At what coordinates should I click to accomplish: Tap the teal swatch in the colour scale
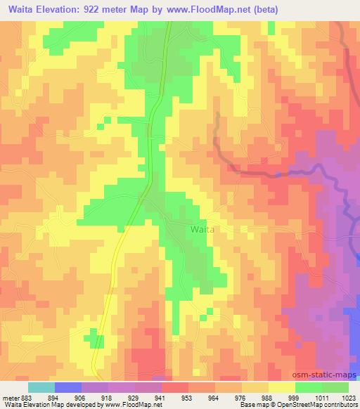pos(41,387)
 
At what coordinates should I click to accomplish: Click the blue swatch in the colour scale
pos(68,387)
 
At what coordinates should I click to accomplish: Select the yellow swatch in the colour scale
pos(282,387)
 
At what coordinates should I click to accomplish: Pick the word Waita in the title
pos(19,10)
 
